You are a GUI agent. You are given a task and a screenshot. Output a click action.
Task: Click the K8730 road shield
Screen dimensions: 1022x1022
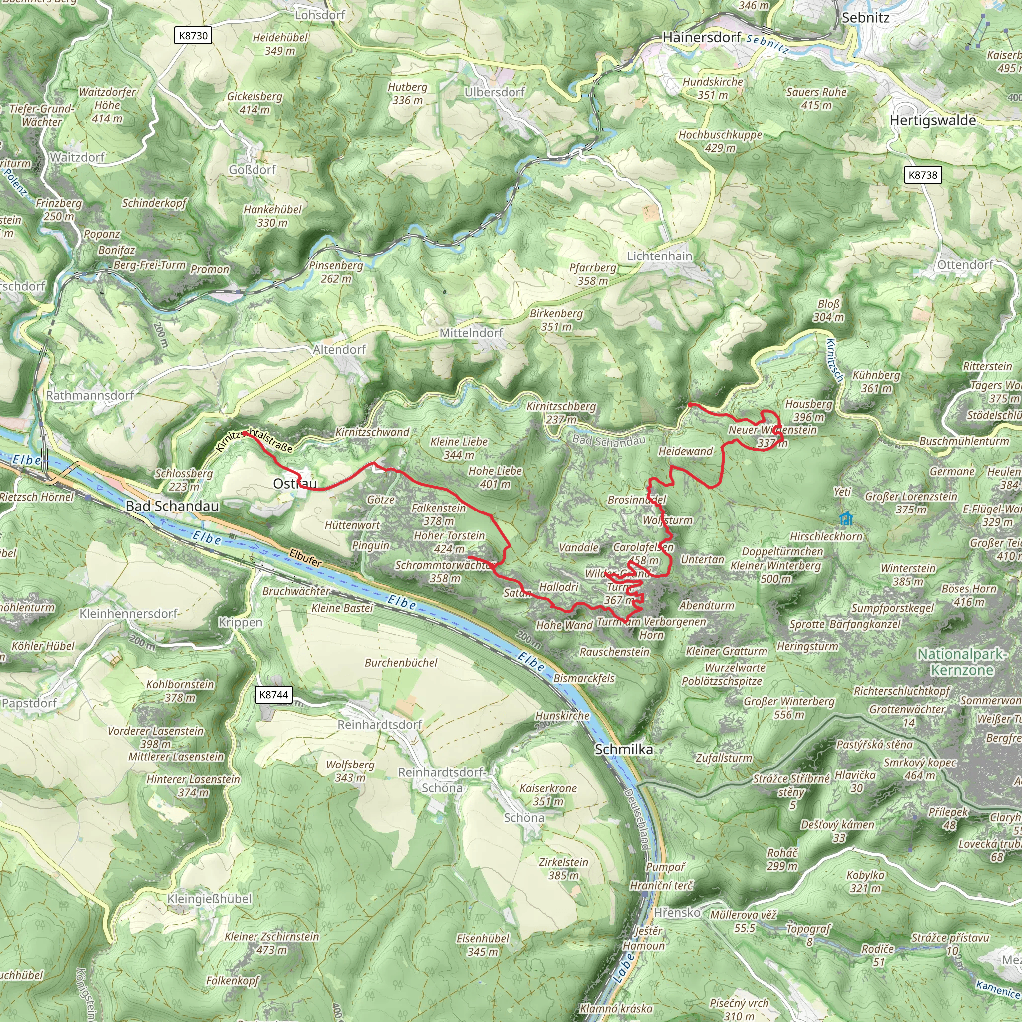point(193,36)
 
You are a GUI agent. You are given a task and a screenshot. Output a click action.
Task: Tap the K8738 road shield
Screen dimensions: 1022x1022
point(923,175)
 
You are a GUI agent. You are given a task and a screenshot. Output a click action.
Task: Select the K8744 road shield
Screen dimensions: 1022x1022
point(273,695)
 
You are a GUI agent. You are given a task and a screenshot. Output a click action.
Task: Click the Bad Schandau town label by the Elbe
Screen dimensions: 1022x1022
point(172,506)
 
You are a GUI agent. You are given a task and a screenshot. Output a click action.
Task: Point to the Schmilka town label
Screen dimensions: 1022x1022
point(624,749)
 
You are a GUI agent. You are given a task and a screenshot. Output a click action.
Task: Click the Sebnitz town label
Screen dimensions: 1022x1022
point(865,18)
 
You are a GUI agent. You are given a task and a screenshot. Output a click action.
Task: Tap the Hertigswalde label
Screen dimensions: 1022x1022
point(933,120)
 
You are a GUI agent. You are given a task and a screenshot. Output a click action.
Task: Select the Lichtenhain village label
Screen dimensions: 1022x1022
point(659,256)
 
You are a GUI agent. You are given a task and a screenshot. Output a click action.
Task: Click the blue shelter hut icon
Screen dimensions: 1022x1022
point(846,518)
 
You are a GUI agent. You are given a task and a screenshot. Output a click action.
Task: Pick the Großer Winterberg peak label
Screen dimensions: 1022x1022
point(789,707)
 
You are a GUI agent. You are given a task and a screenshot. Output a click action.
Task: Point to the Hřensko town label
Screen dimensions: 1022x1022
point(677,913)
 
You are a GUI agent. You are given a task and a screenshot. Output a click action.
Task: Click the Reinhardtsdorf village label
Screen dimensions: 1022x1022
point(380,724)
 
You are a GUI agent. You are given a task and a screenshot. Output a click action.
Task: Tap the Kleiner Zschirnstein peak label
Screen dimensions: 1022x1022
point(272,943)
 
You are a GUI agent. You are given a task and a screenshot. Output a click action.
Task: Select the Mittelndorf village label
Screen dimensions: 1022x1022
point(471,333)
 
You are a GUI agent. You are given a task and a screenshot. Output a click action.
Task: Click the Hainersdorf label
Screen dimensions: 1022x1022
point(702,37)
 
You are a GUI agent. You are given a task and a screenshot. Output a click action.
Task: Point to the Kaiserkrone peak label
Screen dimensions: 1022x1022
point(548,794)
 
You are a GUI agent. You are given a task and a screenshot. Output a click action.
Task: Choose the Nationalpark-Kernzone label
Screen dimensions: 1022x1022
point(961,662)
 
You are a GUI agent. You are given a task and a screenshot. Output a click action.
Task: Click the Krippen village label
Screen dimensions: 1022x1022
point(240,623)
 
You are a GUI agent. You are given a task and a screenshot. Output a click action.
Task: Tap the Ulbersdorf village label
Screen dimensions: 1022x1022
point(495,92)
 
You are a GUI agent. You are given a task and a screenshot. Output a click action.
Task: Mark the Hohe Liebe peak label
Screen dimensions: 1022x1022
point(495,477)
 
